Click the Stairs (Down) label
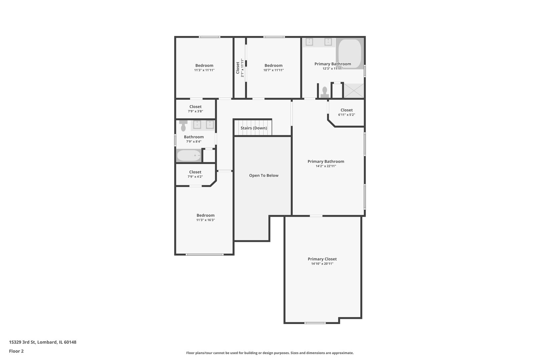coord(254,128)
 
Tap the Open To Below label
coord(264,175)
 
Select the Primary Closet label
coord(322,259)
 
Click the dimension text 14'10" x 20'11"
coord(322,264)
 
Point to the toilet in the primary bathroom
coord(324,92)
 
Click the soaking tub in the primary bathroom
coord(350,54)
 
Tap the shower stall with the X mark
coord(354,91)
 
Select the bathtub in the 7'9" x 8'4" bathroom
coord(189,156)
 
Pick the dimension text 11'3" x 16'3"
coord(205,220)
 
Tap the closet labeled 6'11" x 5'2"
coord(346,112)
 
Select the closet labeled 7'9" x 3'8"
coord(195,109)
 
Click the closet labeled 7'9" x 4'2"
coord(195,174)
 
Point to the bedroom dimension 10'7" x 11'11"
coord(273,70)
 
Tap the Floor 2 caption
coord(16,351)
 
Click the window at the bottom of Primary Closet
coord(315,323)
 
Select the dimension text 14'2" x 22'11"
coord(326,166)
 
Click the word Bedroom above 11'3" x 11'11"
coord(204,65)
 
